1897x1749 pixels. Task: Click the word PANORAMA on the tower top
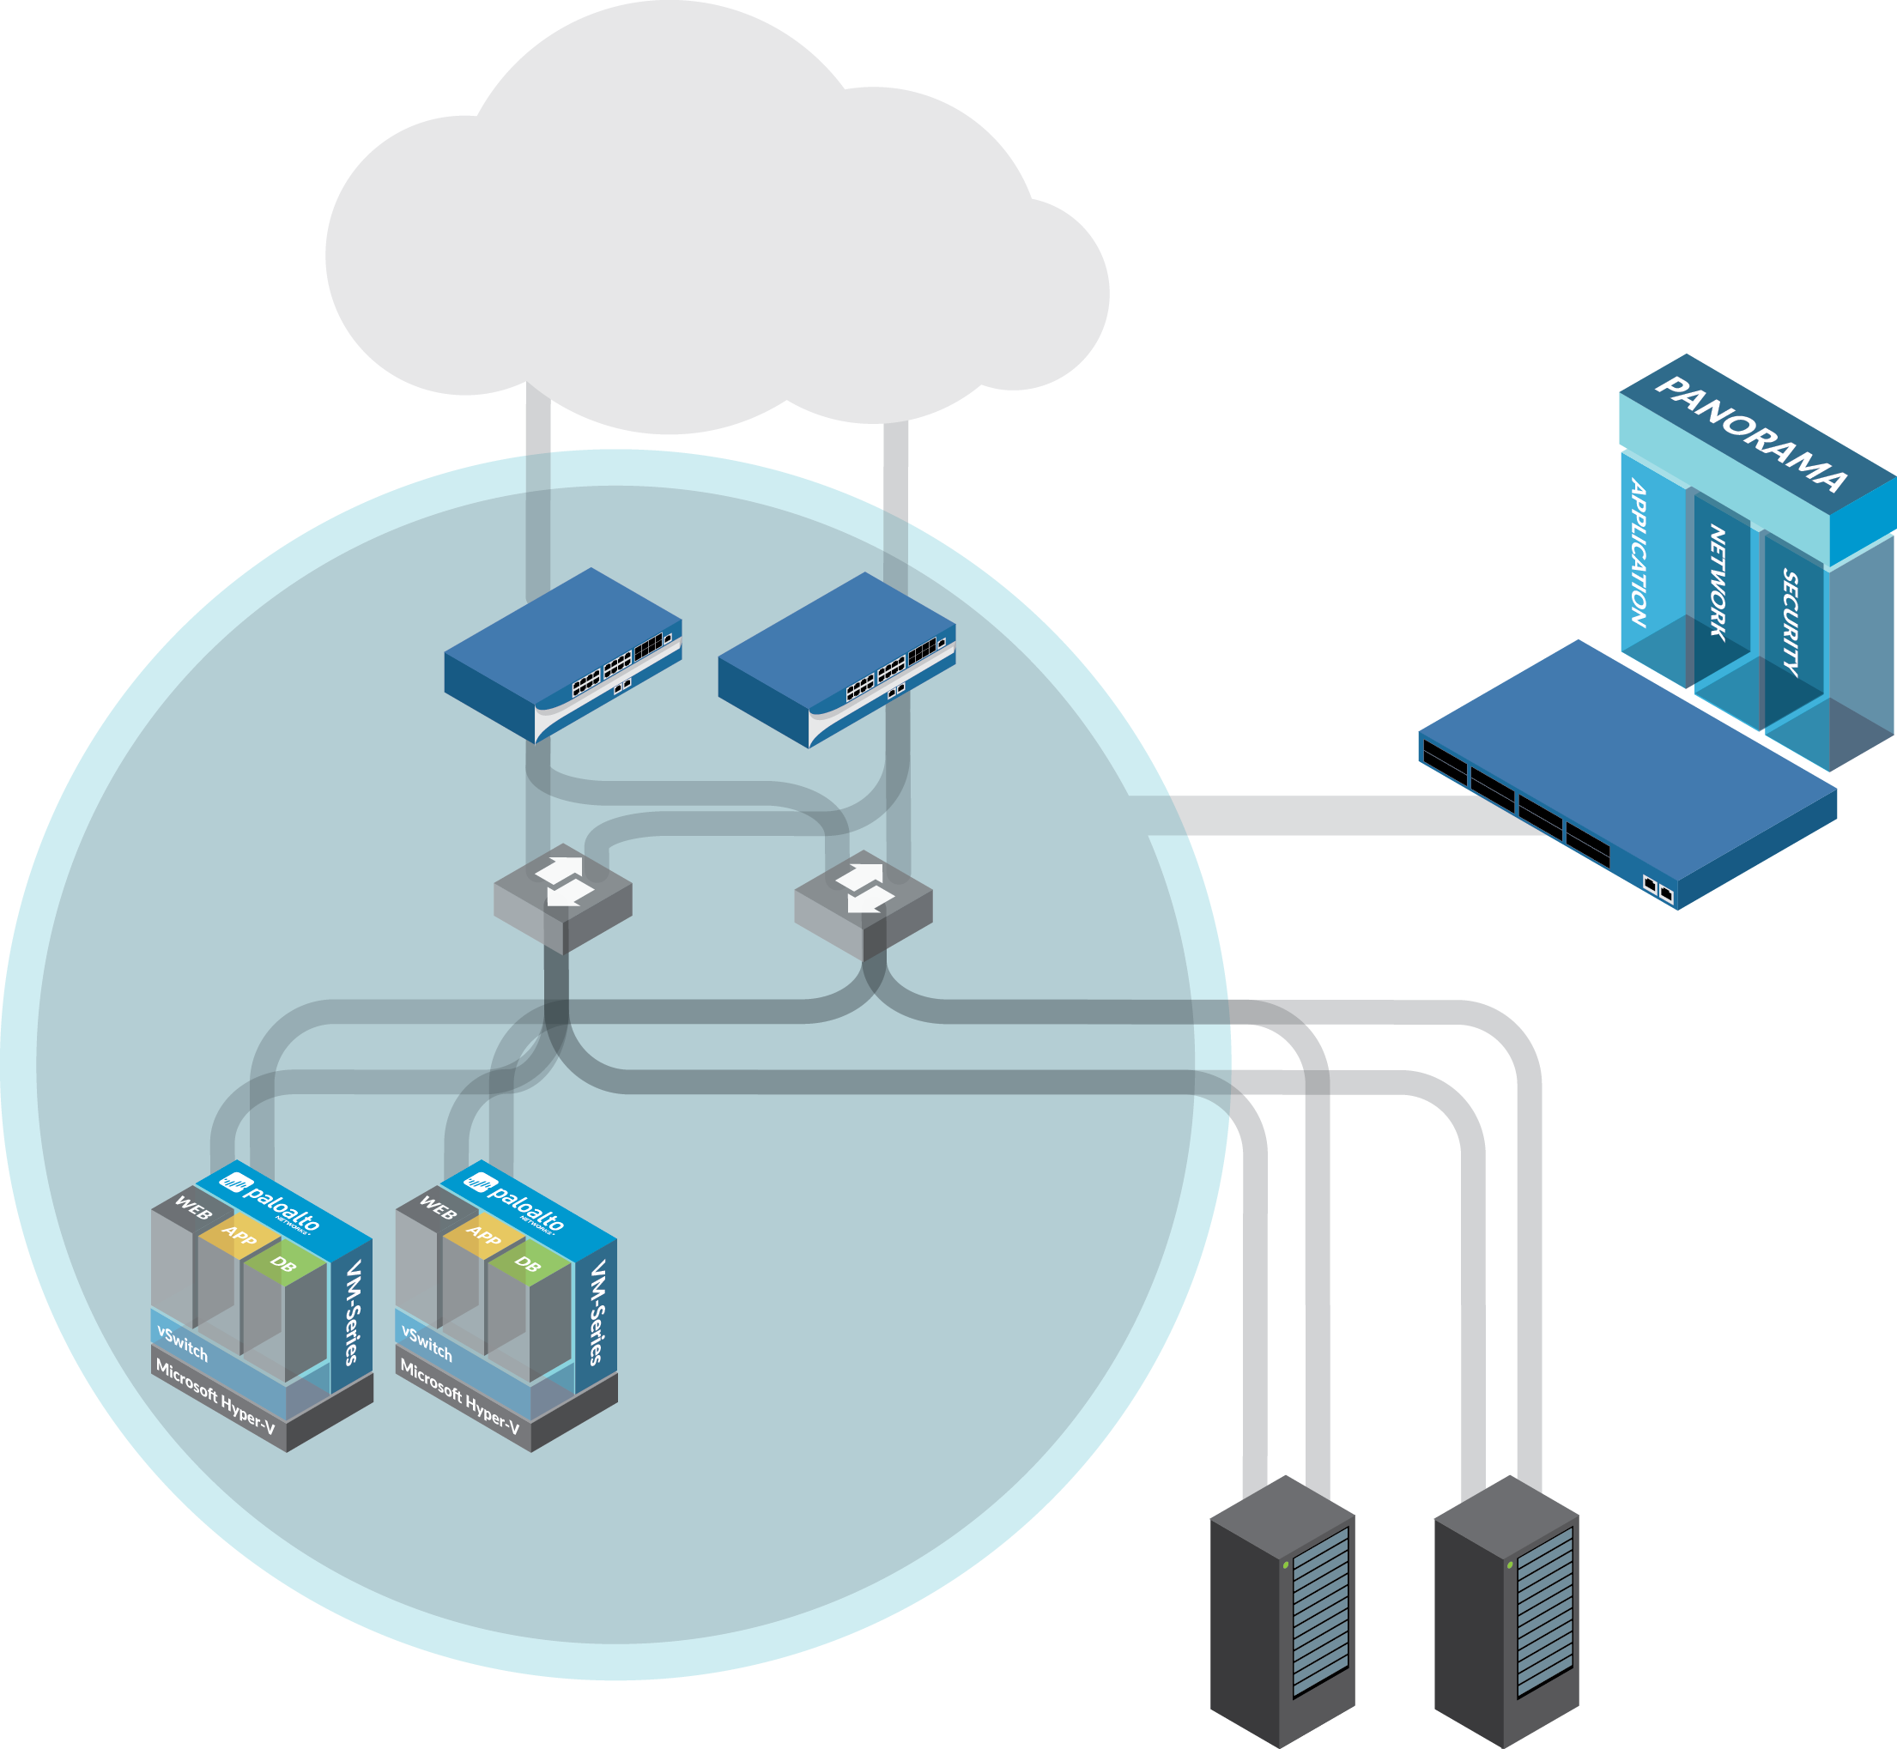tap(1752, 434)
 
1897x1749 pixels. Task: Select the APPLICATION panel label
tap(1639, 554)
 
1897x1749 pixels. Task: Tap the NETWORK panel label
tap(1717, 583)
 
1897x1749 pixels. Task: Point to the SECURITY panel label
tap(1790, 623)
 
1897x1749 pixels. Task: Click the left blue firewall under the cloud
tap(563, 654)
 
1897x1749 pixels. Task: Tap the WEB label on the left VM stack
tap(193, 1209)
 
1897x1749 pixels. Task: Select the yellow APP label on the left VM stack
tap(239, 1236)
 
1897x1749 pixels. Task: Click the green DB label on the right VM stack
tap(527, 1263)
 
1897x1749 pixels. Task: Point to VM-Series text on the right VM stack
tap(597, 1311)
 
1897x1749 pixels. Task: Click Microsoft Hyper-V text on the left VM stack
tap(215, 1398)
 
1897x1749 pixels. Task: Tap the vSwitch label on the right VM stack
tap(427, 1344)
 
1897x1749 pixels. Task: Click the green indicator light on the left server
tap(1286, 1565)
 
